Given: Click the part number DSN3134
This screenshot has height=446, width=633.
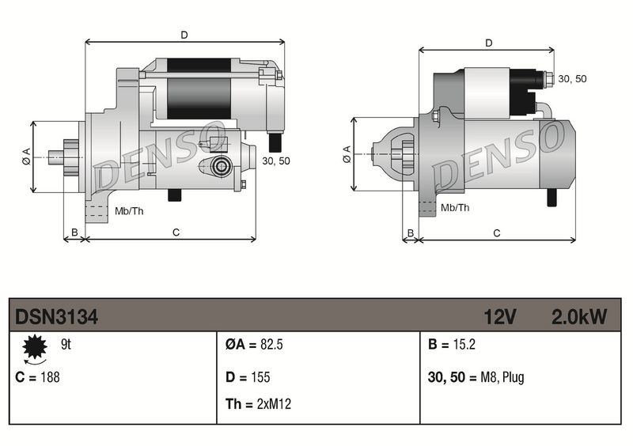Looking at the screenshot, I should (56, 317).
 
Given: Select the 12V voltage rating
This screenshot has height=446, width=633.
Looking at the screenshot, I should (500, 317).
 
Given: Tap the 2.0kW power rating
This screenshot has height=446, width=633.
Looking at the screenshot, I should (578, 317).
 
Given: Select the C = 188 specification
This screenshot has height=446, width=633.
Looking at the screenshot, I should (37, 377).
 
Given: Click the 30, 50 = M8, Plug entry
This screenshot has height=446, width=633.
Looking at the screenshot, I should (475, 377).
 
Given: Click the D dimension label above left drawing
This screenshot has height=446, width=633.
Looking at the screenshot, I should (184, 35).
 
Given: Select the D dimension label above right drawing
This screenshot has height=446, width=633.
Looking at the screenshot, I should (488, 43).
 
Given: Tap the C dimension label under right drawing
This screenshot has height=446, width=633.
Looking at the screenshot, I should (496, 232).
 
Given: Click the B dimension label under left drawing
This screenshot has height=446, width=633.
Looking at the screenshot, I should (74, 232).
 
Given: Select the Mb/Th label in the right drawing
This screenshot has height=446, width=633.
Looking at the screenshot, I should (454, 207).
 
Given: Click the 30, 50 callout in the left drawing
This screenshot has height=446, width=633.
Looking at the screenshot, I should (275, 161).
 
